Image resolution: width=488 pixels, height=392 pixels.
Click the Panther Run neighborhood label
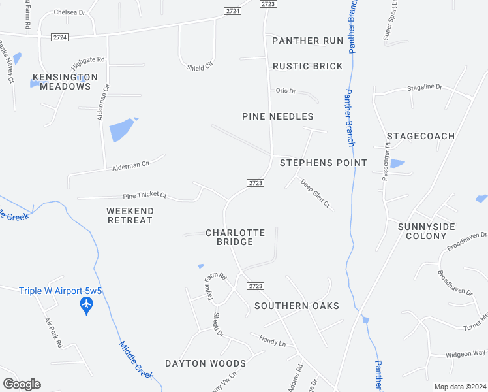307,41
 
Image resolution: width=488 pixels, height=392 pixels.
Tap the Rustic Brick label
307,66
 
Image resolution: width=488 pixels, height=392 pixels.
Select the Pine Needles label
277,116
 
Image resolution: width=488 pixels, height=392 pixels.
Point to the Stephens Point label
323,162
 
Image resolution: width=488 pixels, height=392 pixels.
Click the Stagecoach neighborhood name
420,136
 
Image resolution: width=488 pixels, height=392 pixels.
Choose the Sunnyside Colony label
426,231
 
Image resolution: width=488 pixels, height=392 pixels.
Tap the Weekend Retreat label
129,216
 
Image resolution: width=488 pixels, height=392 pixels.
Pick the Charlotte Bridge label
235,237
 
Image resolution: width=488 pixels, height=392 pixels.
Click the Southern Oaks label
297,306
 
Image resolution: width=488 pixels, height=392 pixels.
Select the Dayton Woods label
205,363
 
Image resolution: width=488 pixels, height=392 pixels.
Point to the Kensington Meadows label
65,82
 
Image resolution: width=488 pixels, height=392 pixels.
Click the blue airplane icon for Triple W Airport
86,305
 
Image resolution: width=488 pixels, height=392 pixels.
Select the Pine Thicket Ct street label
145,195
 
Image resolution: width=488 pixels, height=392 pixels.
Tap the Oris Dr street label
286,91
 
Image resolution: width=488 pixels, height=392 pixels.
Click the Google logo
22,384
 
